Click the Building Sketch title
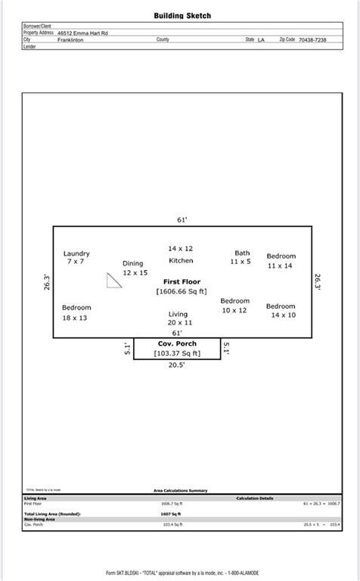(182, 15)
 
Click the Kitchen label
(181, 260)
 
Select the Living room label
(178, 314)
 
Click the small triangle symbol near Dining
(113, 281)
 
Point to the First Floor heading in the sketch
(182, 281)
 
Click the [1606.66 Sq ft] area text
(182, 291)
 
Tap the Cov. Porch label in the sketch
(176, 343)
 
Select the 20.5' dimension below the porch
(177, 365)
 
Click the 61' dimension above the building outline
(182, 219)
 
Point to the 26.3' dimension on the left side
(47, 282)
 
